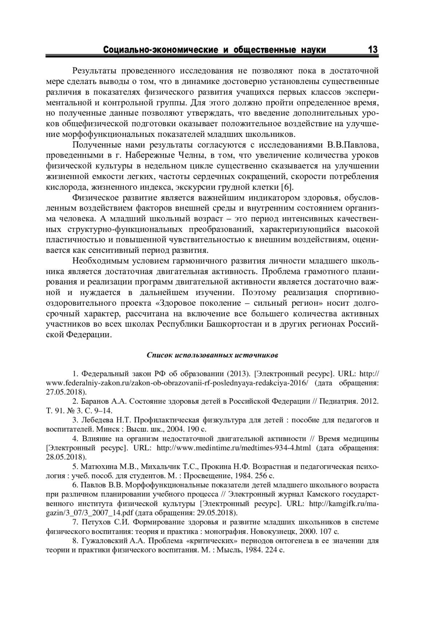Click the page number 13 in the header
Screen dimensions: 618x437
click(373, 49)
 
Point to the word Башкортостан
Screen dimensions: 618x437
click(236, 324)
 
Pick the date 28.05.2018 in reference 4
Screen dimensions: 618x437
click(66, 456)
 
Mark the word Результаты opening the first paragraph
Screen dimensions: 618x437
click(92, 70)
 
